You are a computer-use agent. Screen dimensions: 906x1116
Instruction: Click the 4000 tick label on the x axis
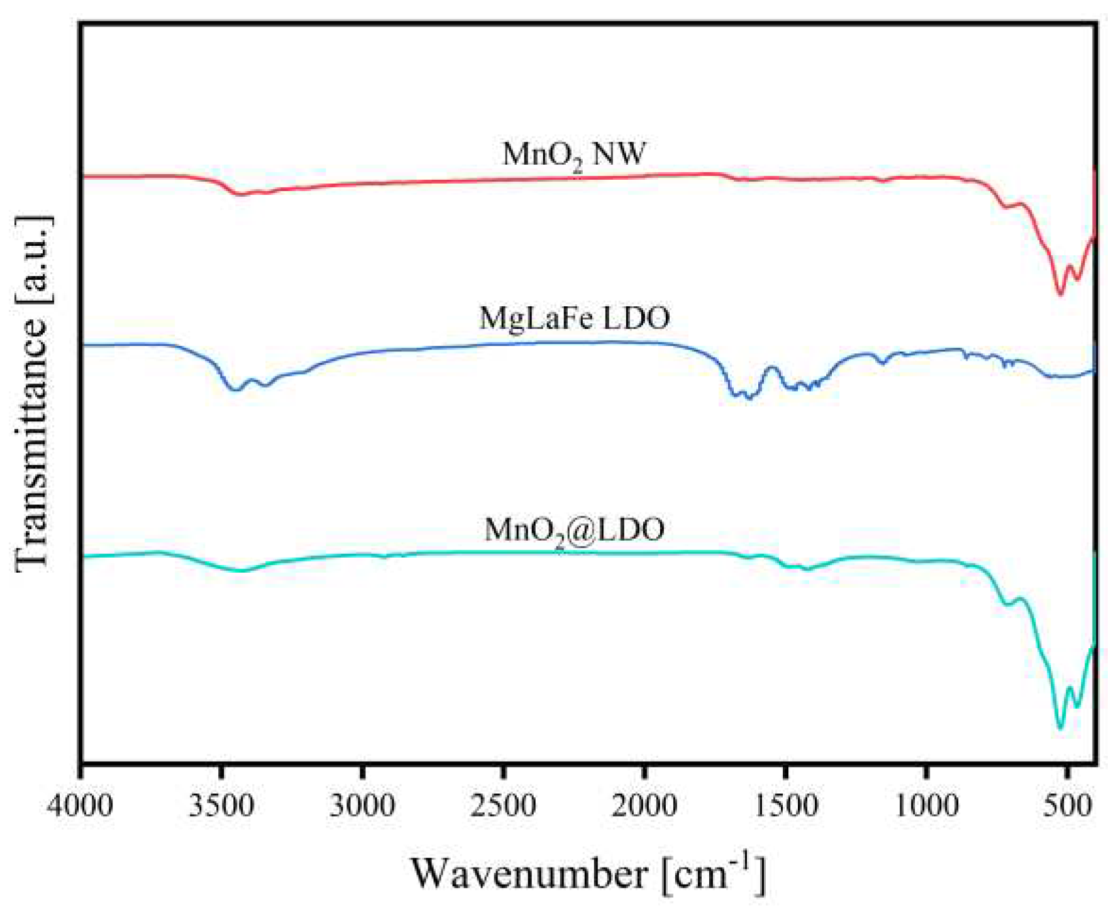[80, 805]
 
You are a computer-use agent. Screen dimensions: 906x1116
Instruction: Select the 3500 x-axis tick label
[221, 805]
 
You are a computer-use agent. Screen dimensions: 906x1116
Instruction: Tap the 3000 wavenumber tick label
[362, 805]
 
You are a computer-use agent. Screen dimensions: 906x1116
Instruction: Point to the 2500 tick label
[503, 805]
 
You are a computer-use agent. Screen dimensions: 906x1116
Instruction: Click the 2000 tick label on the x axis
[644, 805]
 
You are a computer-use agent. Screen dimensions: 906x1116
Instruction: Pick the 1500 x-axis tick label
[785, 805]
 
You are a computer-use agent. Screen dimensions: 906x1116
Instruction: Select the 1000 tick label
[926, 805]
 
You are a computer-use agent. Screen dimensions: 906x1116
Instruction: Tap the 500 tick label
[1067, 805]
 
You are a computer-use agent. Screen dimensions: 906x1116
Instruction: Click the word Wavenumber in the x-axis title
[529, 874]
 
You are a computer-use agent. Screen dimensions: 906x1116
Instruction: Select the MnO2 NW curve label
[573, 155]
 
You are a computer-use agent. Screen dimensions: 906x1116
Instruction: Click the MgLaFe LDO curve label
[574, 318]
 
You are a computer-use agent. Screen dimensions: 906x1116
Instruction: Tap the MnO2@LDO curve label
[574, 530]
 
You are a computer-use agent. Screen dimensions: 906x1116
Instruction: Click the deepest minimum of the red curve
[1060, 294]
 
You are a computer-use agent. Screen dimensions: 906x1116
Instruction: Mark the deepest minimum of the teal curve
[1060, 727]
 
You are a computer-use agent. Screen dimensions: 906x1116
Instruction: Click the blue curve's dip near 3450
[236, 390]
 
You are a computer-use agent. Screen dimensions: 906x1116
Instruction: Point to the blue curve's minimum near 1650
[748, 397]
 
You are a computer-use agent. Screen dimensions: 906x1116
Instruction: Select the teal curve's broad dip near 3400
[242, 570]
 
